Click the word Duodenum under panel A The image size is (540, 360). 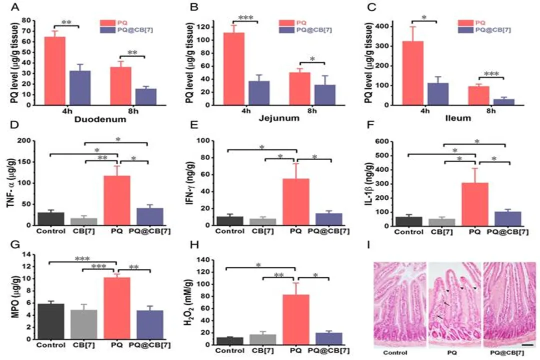point(96,120)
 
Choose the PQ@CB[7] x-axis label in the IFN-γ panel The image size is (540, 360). point(326,231)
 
